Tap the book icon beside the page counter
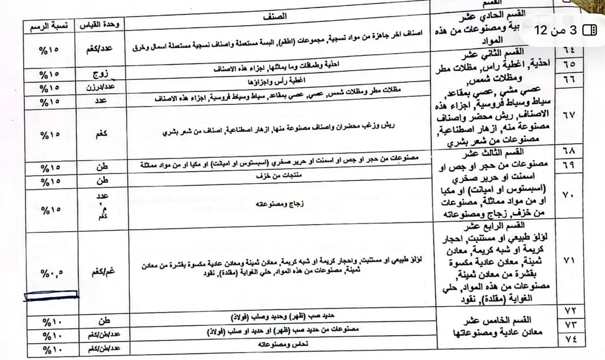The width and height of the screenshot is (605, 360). coord(589,30)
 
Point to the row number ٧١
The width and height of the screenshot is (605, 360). coord(569,260)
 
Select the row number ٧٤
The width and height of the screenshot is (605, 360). coord(570,339)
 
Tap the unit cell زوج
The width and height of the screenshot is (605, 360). coord(100,74)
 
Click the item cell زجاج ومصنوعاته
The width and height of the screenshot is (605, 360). coord(280,203)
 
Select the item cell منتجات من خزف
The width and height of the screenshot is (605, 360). coord(279,176)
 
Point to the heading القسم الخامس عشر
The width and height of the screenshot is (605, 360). coord(497,321)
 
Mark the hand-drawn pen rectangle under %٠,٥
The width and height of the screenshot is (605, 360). coord(51,295)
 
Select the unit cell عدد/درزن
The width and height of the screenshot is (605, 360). coord(100,87)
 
